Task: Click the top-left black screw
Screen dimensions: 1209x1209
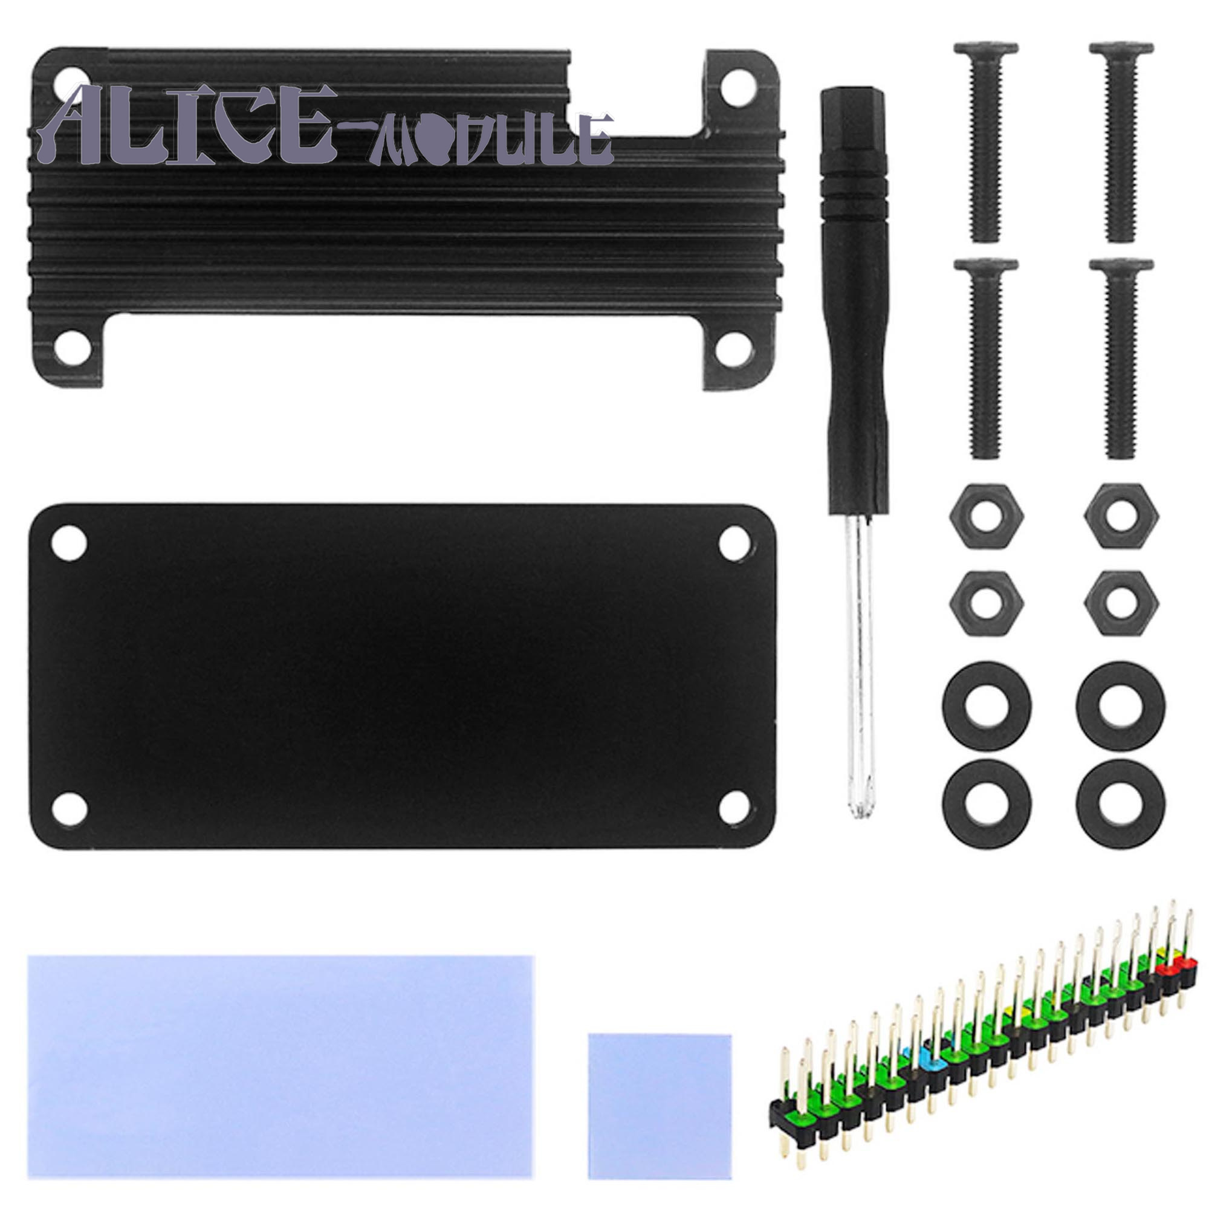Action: [x=986, y=142]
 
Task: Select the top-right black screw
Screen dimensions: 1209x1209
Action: [x=1121, y=142]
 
